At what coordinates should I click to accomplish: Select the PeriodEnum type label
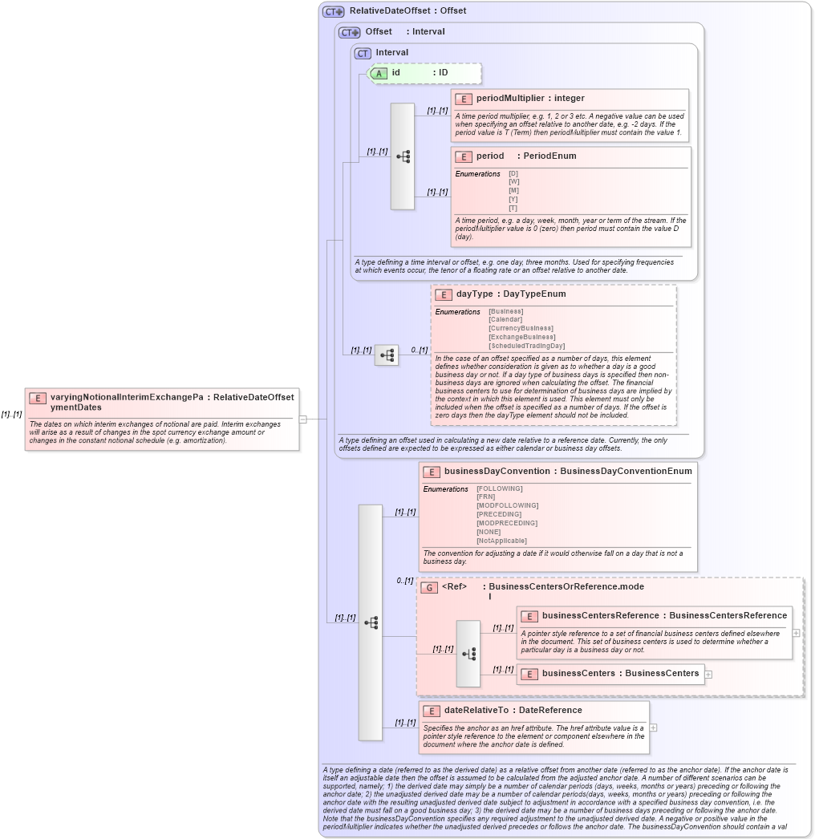point(549,156)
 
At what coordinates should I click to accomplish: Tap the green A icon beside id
point(379,73)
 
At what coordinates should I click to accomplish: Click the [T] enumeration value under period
point(513,209)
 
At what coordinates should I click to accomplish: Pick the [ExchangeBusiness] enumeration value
point(521,337)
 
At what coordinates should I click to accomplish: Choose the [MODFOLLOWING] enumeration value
point(507,505)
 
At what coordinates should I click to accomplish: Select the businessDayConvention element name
point(497,472)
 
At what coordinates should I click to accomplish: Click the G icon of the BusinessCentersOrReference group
point(429,587)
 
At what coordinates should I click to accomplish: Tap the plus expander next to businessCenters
point(708,674)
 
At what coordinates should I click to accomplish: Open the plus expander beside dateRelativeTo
point(654,728)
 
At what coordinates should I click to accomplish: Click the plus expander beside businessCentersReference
point(796,632)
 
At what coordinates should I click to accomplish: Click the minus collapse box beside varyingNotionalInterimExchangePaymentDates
point(302,419)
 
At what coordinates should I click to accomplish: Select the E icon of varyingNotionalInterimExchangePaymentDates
point(37,398)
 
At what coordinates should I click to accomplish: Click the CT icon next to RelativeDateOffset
point(333,11)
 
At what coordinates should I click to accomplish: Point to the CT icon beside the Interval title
point(363,53)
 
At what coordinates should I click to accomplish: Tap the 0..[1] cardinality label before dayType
point(419,350)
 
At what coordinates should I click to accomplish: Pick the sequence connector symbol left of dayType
point(387,355)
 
